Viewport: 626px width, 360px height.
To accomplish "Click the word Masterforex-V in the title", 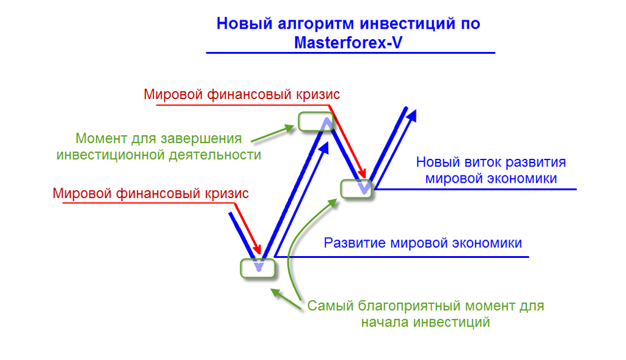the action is [348, 43].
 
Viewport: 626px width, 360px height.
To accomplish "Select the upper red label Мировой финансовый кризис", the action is [241, 95].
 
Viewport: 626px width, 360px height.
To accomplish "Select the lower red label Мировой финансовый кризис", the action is [150, 194].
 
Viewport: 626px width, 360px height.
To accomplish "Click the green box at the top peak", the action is [315, 122].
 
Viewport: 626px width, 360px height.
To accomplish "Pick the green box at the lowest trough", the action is [258, 268].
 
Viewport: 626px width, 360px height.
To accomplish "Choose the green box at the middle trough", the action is [356, 189].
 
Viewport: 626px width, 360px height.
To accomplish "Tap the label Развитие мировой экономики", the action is [423, 243].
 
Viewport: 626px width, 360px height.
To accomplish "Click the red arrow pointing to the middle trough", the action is [347, 142].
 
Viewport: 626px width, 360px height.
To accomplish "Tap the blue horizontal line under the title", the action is [350, 53].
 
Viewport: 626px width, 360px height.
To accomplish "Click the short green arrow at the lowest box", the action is [286, 299].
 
